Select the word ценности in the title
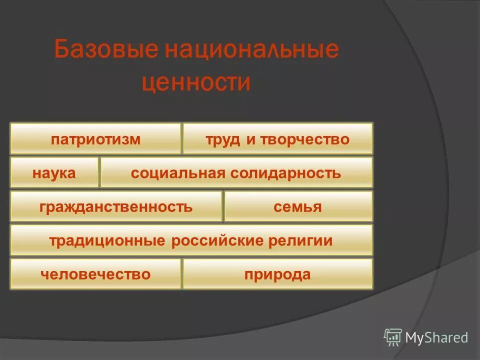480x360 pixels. coord(196,82)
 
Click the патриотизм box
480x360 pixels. coord(95,139)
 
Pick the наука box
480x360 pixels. coord(54,173)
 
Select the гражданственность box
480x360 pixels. coord(115,206)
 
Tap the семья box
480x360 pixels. coord(298,206)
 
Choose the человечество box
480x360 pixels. coord(95,274)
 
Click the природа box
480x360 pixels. coord(277,274)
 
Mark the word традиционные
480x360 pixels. coord(106,240)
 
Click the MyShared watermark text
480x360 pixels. coord(436,338)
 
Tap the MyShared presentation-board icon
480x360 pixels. coord(393,337)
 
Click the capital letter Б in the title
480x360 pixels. coord(62,51)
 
